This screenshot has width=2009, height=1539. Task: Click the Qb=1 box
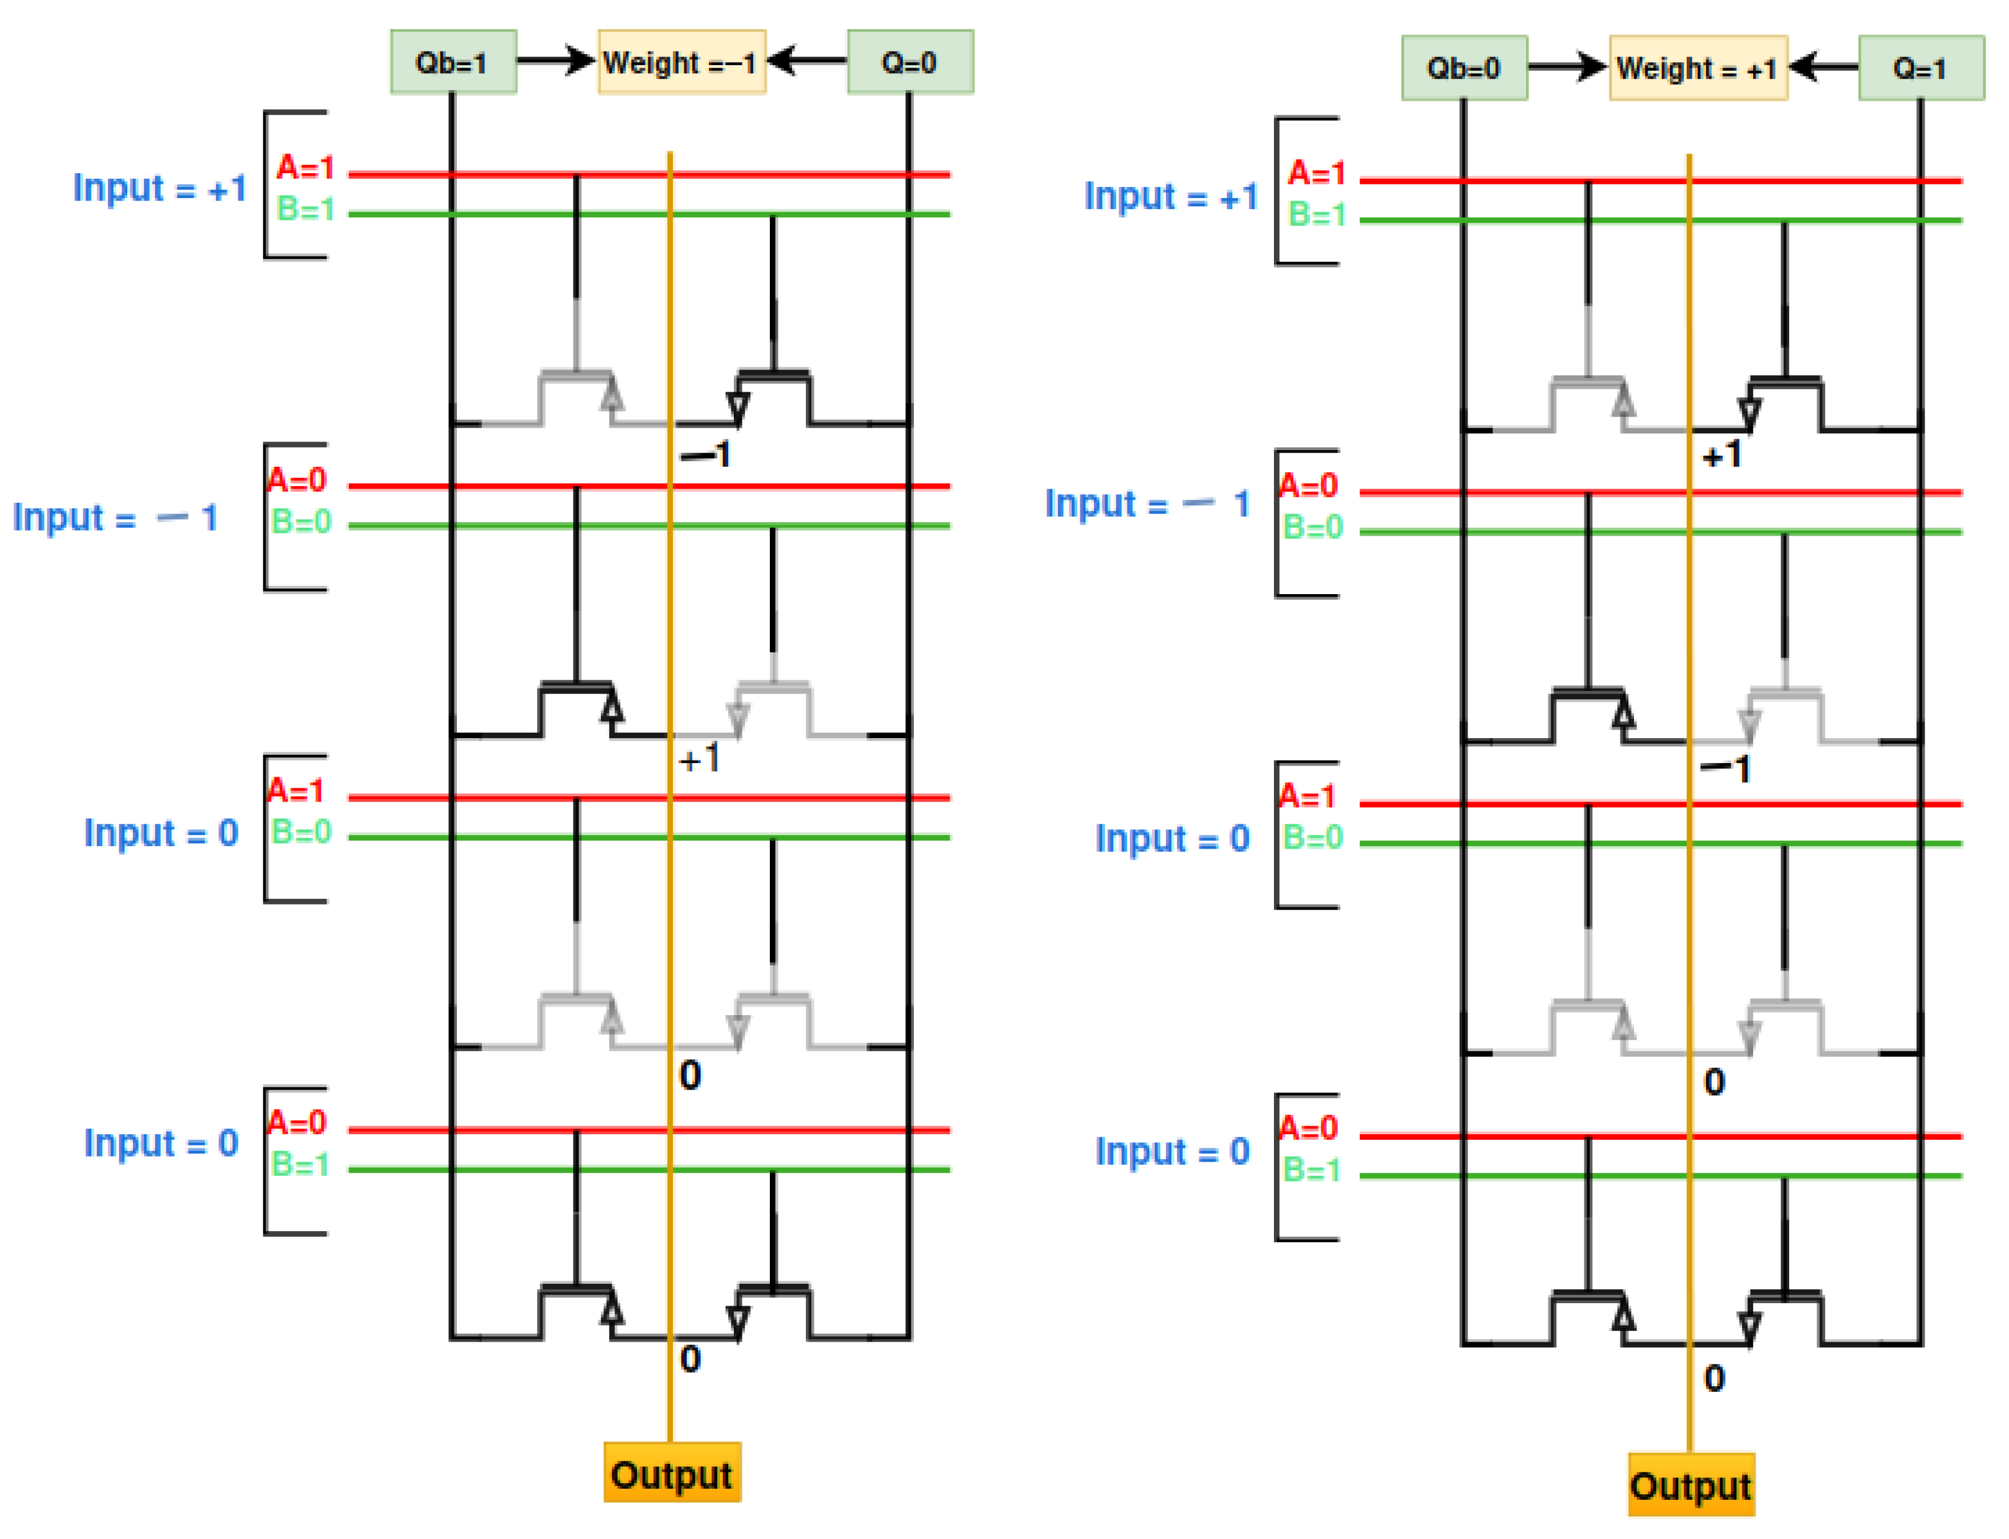(x=453, y=62)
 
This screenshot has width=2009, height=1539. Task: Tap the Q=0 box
(x=909, y=62)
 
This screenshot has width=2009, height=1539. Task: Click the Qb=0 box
(x=1463, y=68)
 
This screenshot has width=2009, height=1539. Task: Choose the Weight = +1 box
(x=1697, y=68)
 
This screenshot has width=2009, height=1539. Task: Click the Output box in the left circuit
(x=672, y=1476)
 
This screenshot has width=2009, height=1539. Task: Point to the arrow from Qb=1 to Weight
(x=555, y=61)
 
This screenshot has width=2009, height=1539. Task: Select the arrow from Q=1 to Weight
(x=1823, y=67)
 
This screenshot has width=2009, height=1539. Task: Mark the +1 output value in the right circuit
(x=1722, y=454)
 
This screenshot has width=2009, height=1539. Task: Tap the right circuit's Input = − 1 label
(x=1147, y=504)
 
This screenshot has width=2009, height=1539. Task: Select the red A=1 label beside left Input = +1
(x=305, y=168)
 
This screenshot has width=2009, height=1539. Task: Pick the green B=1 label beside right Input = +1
(x=1316, y=214)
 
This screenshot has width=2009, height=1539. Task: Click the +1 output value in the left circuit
(x=700, y=759)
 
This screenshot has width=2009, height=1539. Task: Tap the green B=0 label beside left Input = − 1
(x=300, y=522)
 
